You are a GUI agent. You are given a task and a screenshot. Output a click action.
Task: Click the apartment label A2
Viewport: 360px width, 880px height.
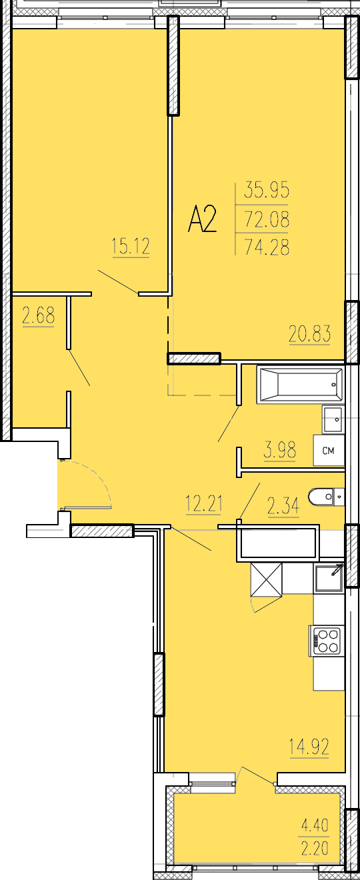pos(203,220)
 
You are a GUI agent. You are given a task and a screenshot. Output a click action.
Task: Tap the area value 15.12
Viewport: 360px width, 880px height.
pos(131,247)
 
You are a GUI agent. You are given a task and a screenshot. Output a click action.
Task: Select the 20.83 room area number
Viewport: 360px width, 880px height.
pos(310,334)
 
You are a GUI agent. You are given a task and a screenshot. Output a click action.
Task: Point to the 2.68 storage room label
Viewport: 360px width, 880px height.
pos(38,316)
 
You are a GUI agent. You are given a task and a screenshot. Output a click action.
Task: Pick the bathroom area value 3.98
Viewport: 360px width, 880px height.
pos(280,450)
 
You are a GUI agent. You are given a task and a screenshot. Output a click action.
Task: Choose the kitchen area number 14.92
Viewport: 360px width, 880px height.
pos(309,747)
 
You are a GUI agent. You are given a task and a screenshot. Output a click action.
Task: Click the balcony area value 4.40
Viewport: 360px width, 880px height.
pos(315,825)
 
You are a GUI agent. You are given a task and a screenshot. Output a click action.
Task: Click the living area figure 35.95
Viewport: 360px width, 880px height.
pos(267,190)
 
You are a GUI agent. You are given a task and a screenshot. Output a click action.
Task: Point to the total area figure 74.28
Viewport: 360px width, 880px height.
pos(267,247)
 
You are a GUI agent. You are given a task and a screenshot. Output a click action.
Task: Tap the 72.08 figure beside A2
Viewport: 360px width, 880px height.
pos(267,219)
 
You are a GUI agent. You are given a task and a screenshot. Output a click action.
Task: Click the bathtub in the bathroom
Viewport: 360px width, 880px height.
pos(301,385)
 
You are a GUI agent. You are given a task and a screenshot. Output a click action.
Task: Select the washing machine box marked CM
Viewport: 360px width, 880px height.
pos(329,450)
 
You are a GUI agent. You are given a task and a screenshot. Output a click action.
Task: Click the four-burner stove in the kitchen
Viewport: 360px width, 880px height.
pos(326,641)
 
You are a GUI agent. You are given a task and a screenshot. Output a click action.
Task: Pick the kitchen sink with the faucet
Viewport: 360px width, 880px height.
pos(329,577)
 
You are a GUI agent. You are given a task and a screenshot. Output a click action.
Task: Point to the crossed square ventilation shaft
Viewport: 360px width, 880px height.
pos(267,579)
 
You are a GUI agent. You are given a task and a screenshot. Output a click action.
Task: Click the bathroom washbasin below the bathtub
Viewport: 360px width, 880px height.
pos(333,419)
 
